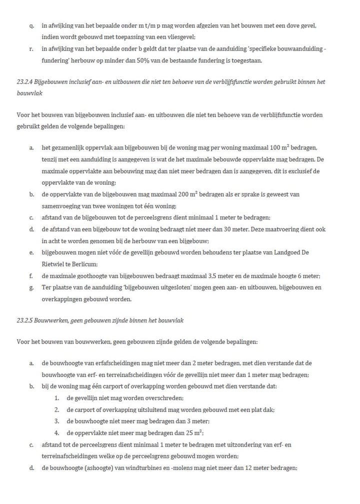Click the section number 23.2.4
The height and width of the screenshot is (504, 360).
coord(23,81)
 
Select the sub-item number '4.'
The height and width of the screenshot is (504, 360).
coord(57,433)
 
